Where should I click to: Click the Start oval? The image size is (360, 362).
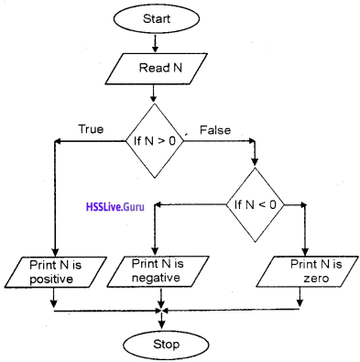click(154, 18)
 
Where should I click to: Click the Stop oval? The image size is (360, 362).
click(163, 345)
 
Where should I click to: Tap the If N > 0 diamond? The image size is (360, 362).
click(154, 140)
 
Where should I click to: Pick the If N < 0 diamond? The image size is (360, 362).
click(256, 204)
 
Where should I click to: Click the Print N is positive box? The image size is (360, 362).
click(56, 271)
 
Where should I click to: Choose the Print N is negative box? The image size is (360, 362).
click(163, 271)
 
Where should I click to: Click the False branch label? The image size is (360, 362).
click(214, 129)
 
